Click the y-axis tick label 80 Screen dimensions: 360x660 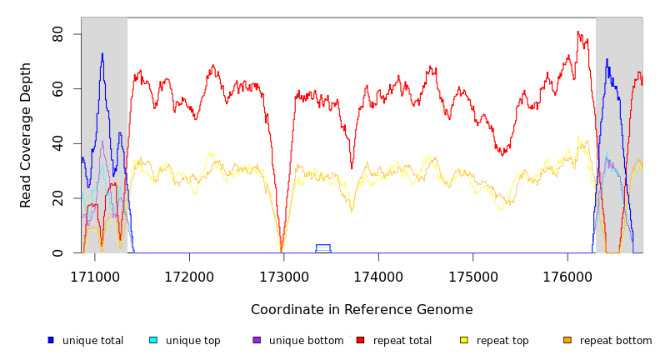pos(57,34)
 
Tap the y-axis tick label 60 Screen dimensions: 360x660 pos(57,88)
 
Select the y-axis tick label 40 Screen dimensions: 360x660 pos(57,143)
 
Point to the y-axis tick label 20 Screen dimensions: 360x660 pos(57,198)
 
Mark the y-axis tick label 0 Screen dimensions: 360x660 pos(57,252)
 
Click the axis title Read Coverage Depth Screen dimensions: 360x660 pos(27,135)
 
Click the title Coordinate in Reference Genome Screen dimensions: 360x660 pos(362,310)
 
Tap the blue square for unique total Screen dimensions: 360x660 pos(51,340)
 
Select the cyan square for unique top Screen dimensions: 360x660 pos(153,340)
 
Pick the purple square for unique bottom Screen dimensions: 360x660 pos(257,340)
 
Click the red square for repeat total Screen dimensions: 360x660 pos(360,340)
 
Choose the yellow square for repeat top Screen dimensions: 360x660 pos(464,340)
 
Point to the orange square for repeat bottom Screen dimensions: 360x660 pos(567,340)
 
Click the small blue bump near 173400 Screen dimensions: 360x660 pos(323,246)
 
